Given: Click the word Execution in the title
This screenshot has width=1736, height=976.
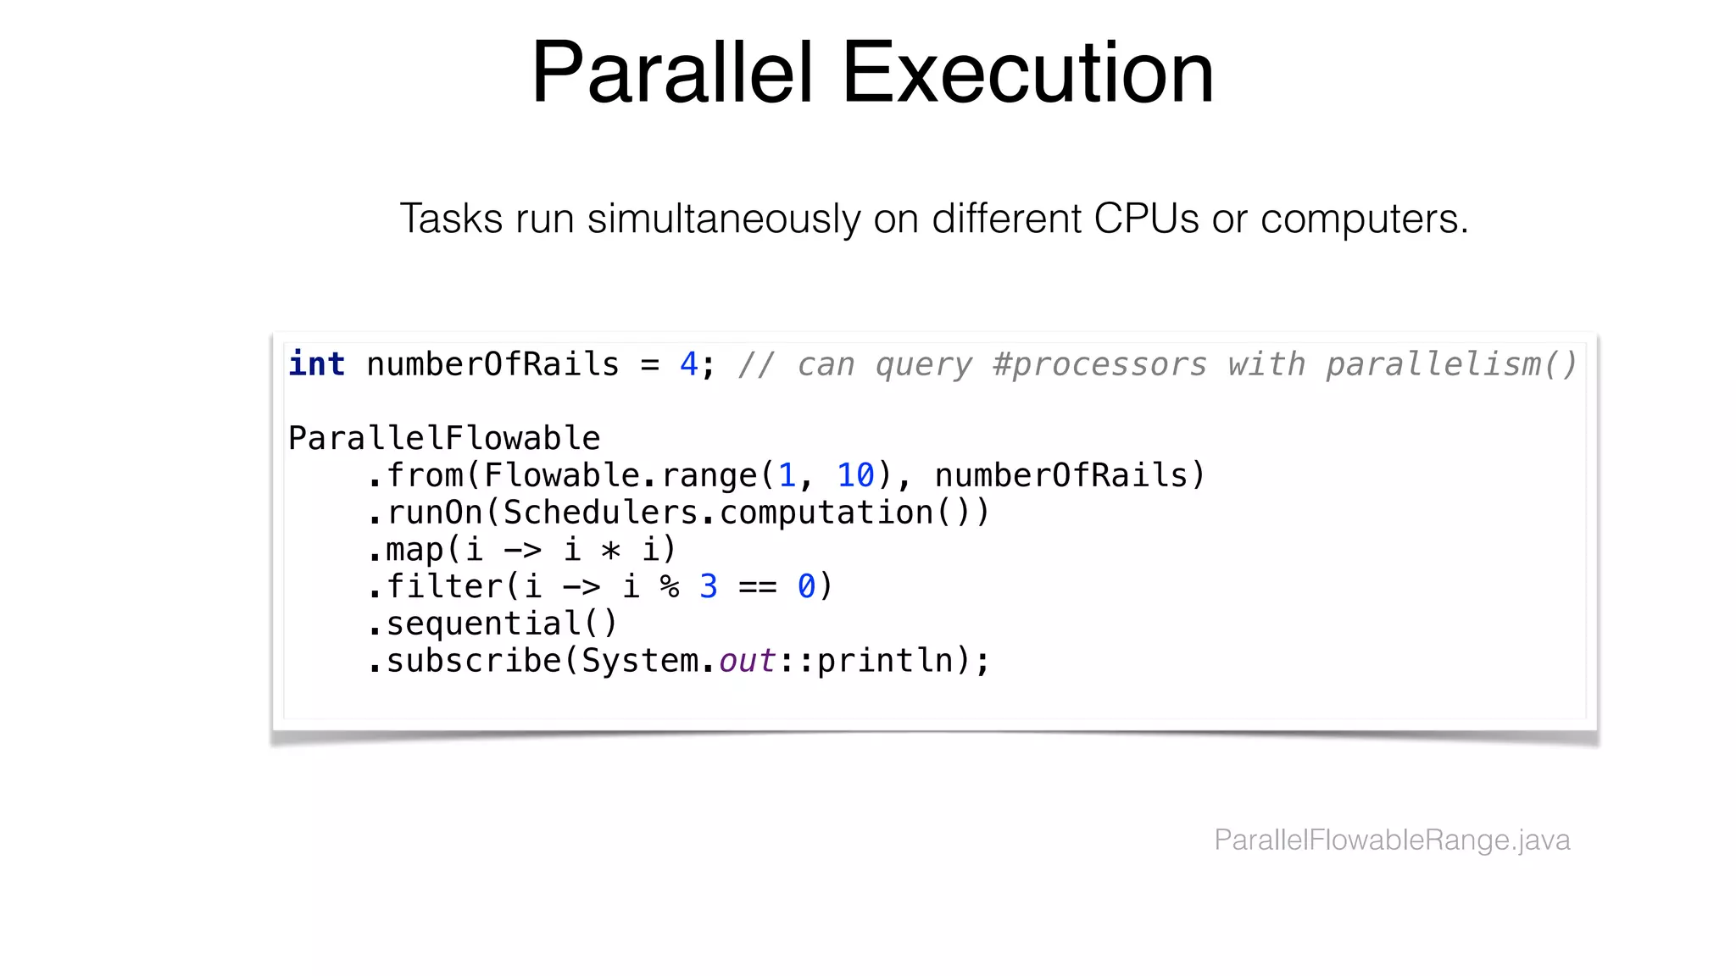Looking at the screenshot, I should [x=1027, y=74].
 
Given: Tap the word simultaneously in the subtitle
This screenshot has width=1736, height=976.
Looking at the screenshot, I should [x=724, y=219].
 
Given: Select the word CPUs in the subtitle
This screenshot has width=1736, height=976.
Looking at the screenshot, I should [x=1146, y=219].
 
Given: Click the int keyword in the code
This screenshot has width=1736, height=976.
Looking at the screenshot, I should [x=316, y=364].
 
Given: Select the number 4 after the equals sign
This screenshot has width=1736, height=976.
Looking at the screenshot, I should [x=688, y=365].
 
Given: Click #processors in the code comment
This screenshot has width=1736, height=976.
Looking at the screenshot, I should [x=1099, y=365].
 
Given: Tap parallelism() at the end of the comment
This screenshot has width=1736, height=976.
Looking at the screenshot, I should [x=1450, y=365].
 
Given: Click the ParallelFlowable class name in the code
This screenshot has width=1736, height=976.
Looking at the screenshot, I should [x=444, y=439].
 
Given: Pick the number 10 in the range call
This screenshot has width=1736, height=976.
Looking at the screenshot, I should [x=855, y=476].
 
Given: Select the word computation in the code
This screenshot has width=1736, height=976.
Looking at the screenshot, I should [x=826, y=513].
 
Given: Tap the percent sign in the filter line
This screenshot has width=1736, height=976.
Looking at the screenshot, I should [x=670, y=587].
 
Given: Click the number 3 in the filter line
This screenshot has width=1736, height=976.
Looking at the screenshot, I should [x=709, y=587].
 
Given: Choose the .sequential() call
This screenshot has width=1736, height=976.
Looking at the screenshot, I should [x=493, y=624].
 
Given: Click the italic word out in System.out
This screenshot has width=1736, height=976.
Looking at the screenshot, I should [x=747, y=662].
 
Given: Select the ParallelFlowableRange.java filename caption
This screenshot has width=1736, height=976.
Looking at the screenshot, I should [x=1392, y=840].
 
